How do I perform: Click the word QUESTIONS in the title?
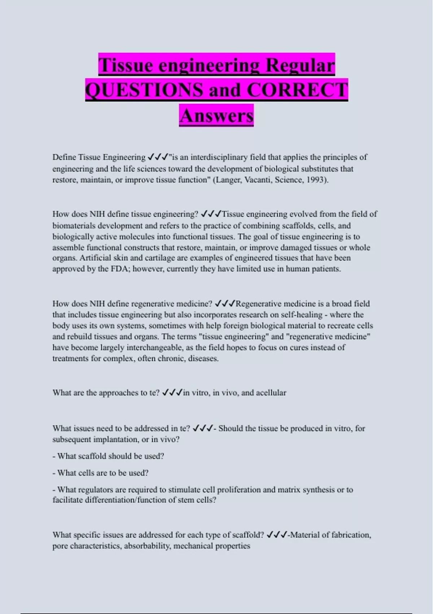pyautogui.click(x=144, y=90)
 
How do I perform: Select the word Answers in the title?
pyautogui.click(x=216, y=116)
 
